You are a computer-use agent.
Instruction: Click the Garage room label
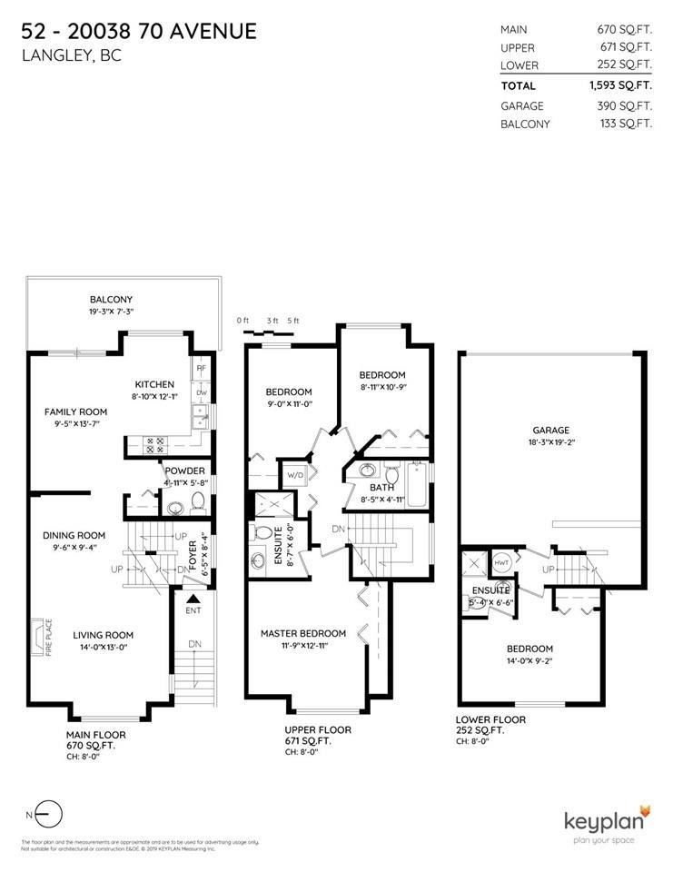click(x=551, y=430)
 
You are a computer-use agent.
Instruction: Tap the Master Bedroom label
click(x=302, y=633)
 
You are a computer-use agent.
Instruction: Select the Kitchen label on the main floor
click(x=154, y=384)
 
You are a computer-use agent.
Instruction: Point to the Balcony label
click(x=111, y=300)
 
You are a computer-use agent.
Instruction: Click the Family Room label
click(x=76, y=411)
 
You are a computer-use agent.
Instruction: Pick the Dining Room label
click(x=74, y=535)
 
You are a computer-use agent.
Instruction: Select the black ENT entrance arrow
click(x=192, y=599)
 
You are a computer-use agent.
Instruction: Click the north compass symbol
click(x=51, y=815)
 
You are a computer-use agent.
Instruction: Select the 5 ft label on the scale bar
click(x=292, y=321)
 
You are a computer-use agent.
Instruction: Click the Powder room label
click(x=184, y=471)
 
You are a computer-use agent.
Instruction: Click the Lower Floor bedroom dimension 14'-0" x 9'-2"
click(x=529, y=661)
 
